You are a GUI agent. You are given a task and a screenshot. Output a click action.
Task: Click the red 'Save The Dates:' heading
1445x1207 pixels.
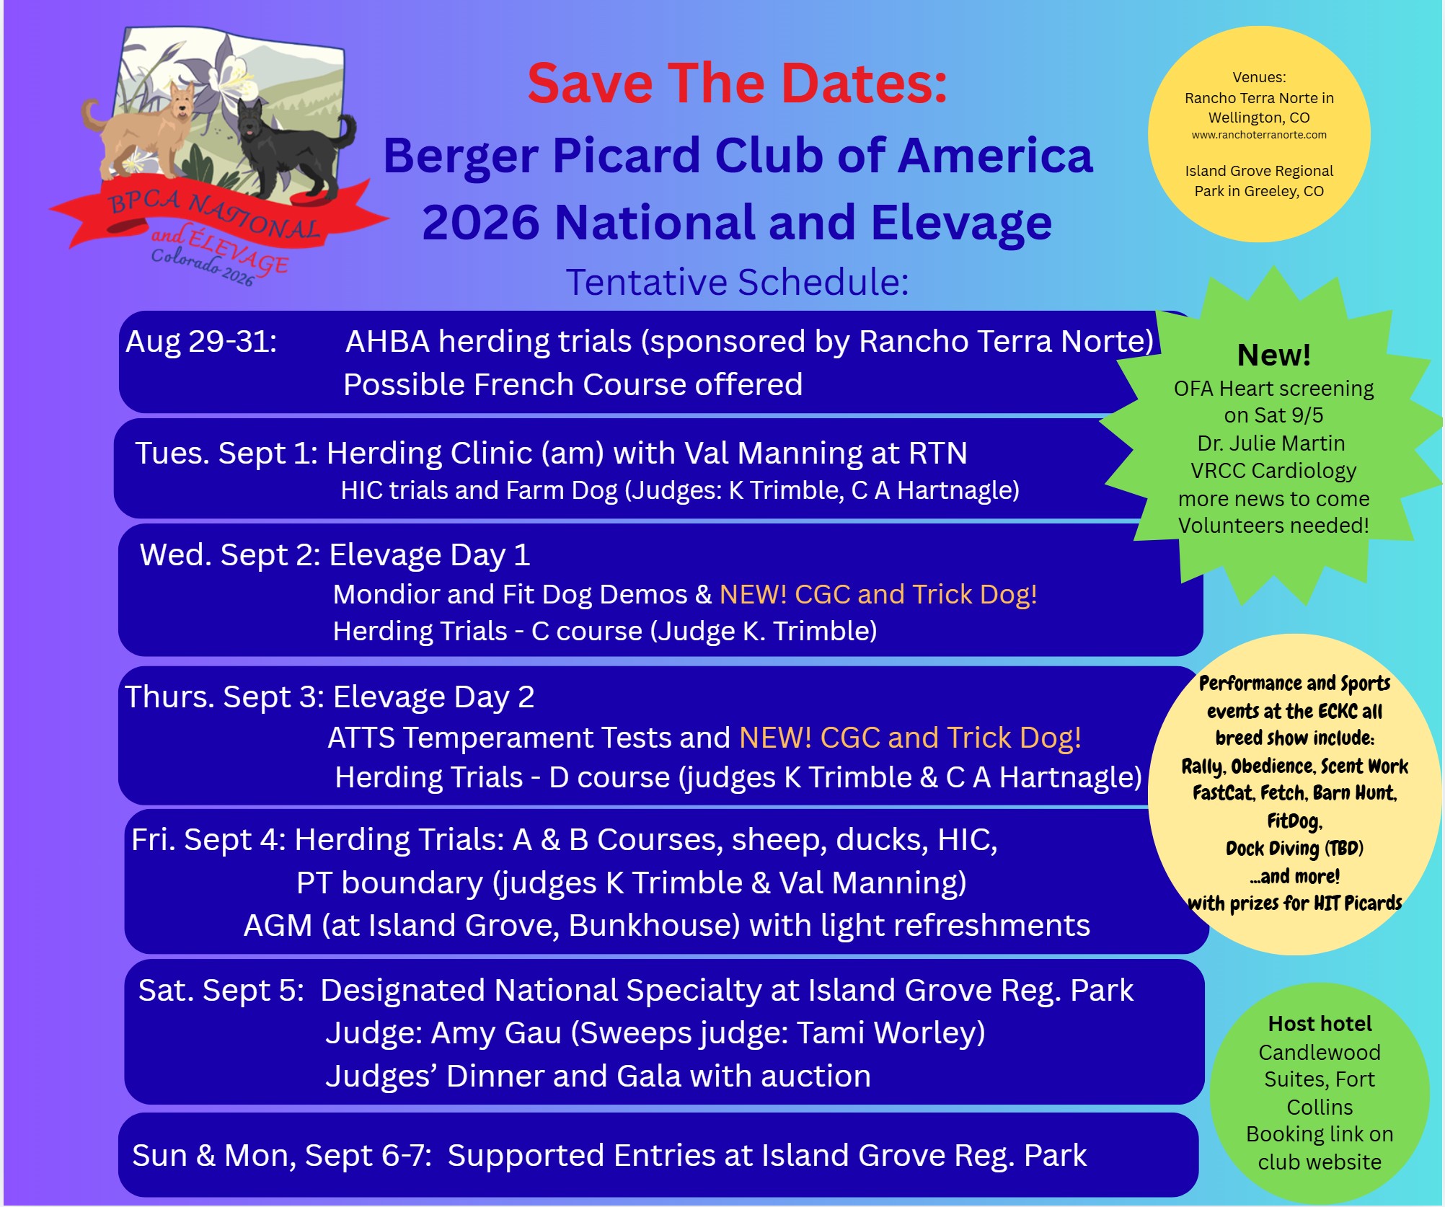(x=737, y=84)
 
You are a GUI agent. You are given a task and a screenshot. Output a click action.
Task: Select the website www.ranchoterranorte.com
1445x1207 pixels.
(x=1259, y=135)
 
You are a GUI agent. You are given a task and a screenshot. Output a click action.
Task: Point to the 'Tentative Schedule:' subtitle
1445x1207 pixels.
(x=737, y=282)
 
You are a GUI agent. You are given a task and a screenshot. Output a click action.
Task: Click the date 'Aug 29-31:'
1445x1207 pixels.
(x=201, y=341)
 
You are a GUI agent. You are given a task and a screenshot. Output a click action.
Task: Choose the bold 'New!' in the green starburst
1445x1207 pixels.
(x=1274, y=355)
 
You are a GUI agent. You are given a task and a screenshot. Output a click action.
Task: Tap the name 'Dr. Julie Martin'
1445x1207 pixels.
(x=1271, y=443)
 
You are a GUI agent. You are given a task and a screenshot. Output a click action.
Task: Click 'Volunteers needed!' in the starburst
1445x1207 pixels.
(x=1273, y=526)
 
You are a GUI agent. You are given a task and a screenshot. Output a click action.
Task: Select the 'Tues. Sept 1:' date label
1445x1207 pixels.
(x=226, y=454)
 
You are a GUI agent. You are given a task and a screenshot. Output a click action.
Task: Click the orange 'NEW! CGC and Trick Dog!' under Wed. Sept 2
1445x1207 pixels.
(x=878, y=594)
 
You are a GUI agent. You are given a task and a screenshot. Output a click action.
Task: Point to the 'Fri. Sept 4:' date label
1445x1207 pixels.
(x=209, y=840)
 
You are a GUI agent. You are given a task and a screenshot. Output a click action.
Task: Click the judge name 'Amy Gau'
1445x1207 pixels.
(x=496, y=1033)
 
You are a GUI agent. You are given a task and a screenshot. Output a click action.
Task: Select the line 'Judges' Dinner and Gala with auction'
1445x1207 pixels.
(x=598, y=1076)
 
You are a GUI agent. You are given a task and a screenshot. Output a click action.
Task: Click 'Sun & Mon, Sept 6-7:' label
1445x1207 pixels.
(x=282, y=1156)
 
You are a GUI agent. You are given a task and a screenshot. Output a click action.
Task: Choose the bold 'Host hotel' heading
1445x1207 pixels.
(x=1320, y=1024)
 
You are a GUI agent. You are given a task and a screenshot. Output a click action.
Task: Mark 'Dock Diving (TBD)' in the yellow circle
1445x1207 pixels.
(x=1294, y=849)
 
